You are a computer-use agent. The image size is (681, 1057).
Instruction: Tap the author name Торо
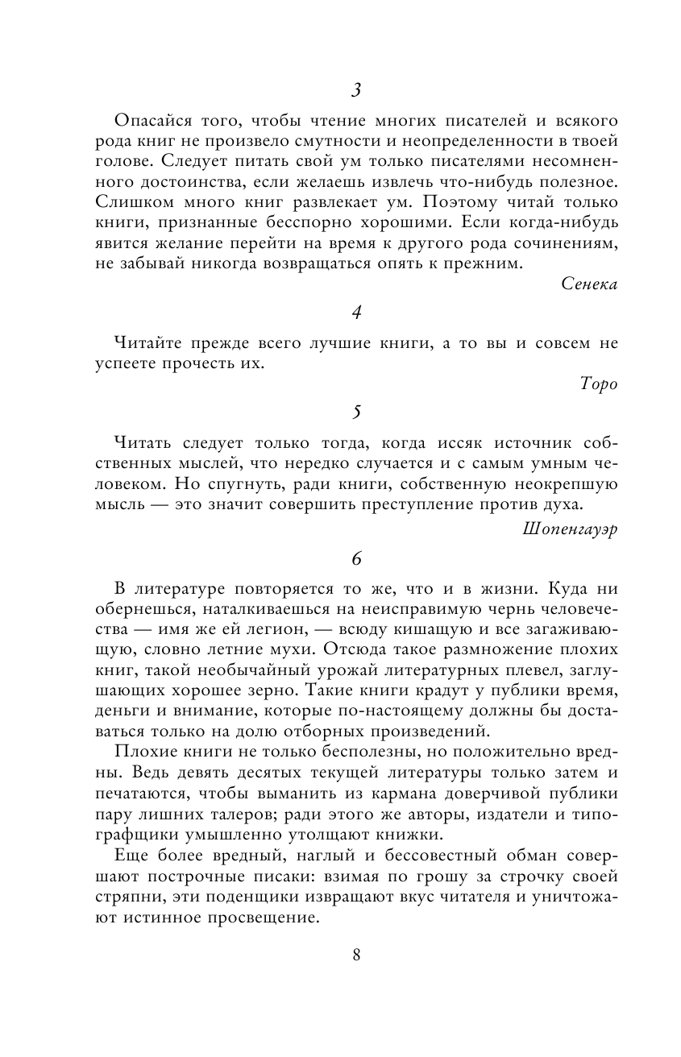click(598, 384)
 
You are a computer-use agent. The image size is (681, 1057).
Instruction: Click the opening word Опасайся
click(152, 121)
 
